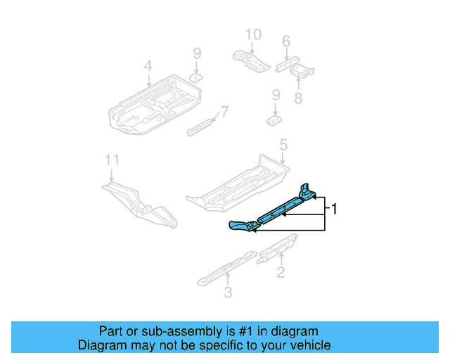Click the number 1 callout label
[336, 209]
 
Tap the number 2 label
[281, 273]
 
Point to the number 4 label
[148, 67]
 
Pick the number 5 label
[283, 146]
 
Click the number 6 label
[285, 42]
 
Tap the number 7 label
[224, 111]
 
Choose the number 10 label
[252, 34]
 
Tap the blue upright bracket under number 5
[307, 191]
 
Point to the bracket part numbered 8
[302, 71]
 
